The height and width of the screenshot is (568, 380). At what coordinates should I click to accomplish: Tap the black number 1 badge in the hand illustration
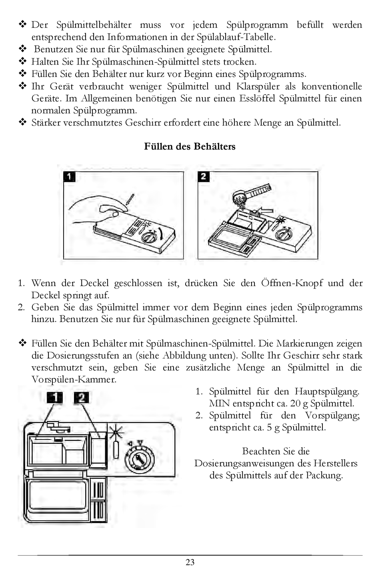pyautogui.click(x=69, y=177)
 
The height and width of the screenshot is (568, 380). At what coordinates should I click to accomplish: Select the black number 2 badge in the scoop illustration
pyautogui.click(x=204, y=177)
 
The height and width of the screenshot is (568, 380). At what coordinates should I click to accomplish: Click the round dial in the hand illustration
pyautogui.click(x=148, y=238)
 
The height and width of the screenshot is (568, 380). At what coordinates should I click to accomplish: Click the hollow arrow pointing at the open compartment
pyautogui.click(x=265, y=210)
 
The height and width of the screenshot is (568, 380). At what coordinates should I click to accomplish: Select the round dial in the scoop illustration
pyautogui.click(x=286, y=234)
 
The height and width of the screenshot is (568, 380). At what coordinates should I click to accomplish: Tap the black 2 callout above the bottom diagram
pyautogui.click(x=82, y=397)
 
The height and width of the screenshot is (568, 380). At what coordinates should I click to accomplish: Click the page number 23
pyautogui.click(x=190, y=562)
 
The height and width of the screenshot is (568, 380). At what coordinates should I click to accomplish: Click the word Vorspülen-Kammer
pyautogui.click(x=74, y=379)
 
